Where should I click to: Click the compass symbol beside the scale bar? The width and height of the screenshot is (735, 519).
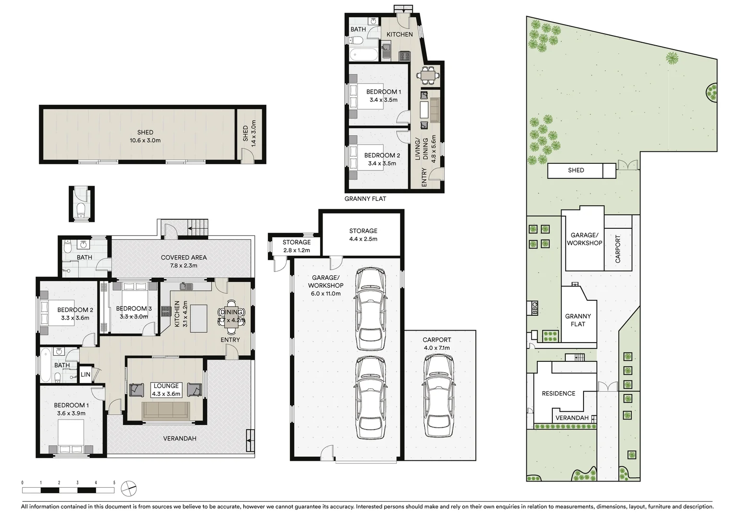(x=129, y=489)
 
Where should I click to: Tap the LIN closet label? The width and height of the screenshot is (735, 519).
(x=85, y=374)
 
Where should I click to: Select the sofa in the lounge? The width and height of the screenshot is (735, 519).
(x=166, y=410)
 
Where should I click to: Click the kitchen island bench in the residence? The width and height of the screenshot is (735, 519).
(x=199, y=318)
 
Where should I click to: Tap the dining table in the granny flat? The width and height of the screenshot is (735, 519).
(x=428, y=75)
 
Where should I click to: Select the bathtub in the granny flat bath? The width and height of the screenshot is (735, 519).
(x=363, y=54)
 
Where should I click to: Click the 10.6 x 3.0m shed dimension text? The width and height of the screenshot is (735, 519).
(x=145, y=140)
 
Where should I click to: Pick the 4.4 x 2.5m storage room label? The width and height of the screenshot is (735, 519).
(x=363, y=239)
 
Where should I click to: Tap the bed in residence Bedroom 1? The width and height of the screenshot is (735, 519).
(x=71, y=437)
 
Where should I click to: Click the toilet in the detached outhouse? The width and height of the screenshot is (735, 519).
(x=81, y=210)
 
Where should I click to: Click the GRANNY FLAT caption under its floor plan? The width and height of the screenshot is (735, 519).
(x=365, y=198)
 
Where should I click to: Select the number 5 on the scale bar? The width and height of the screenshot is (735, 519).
(x=114, y=482)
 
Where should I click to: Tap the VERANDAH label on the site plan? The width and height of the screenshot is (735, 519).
(x=572, y=418)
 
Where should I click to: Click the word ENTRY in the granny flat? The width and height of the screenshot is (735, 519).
(x=424, y=177)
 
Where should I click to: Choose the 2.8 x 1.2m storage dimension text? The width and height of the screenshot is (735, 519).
(x=296, y=250)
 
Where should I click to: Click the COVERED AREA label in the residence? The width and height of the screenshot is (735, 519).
(x=184, y=258)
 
